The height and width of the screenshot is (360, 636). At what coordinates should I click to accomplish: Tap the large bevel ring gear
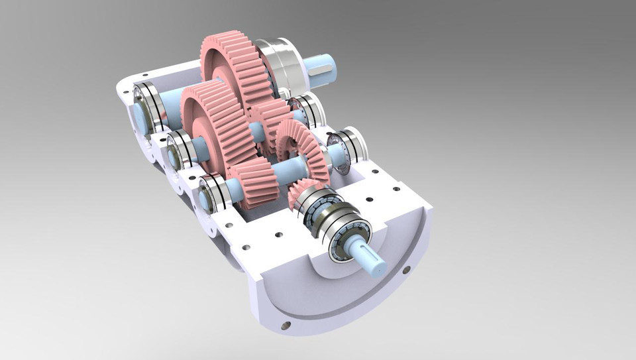(302, 149)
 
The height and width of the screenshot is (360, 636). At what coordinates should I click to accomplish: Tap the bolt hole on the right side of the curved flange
(405, 269)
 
